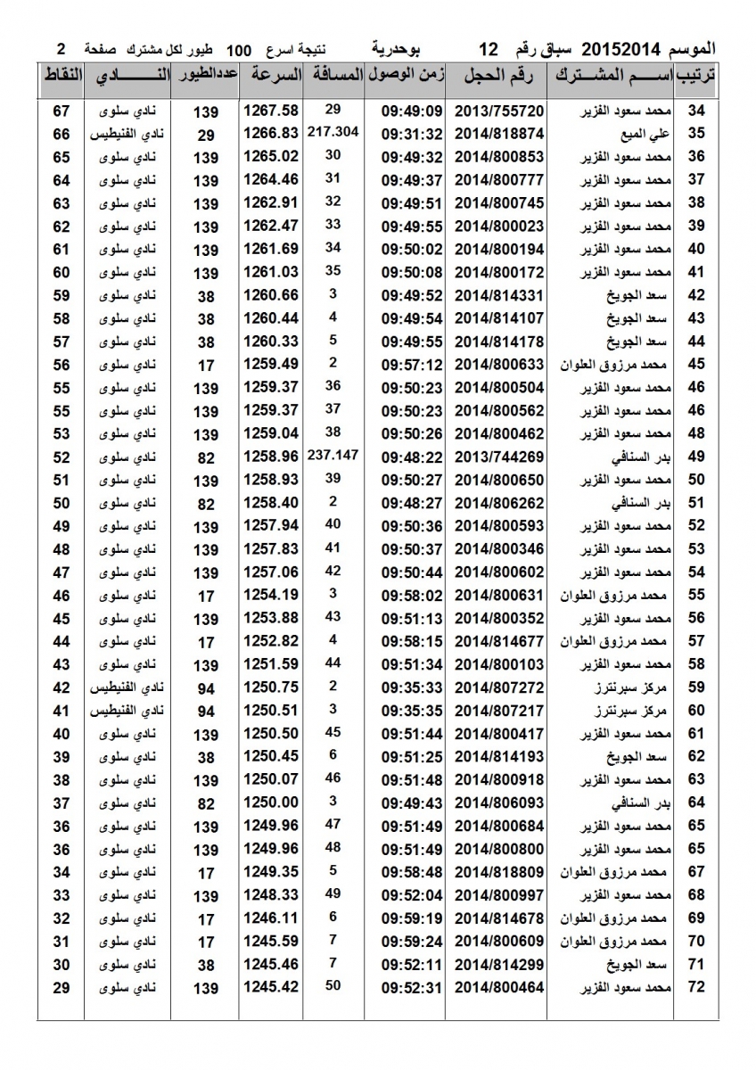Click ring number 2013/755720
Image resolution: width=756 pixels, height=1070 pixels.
click(x=499, y=111)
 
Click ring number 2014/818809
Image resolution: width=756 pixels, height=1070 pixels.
click(x=499, y=871)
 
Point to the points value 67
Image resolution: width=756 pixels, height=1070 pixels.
click(x=62, y=111)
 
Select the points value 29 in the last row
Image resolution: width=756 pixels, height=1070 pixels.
click(x=62, y=987)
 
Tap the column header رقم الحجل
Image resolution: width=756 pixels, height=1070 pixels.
click(x=499, y=77)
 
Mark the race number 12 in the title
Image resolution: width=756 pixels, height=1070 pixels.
click(x=489, y=47)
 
